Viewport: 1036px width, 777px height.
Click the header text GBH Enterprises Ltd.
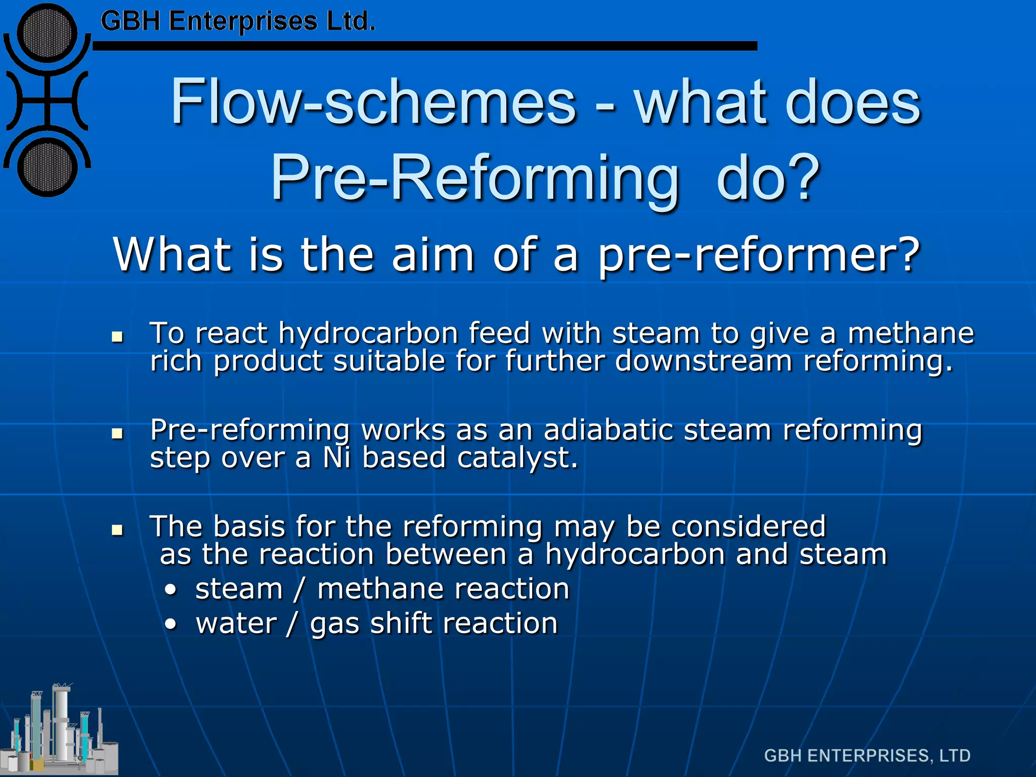(x=238, y=22)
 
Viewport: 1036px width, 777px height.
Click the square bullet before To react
(x=117, y=336)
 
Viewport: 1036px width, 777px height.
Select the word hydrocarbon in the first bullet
(x=368, y=334)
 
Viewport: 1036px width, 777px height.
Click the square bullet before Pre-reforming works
(x=117, y=433)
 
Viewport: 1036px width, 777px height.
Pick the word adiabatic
(x=608, y=430)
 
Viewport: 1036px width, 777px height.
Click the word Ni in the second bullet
(x=336, y=458)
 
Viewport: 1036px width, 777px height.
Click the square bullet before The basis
(x=117, y=530)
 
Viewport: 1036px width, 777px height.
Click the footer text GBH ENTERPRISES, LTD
(x=867, y=756)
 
